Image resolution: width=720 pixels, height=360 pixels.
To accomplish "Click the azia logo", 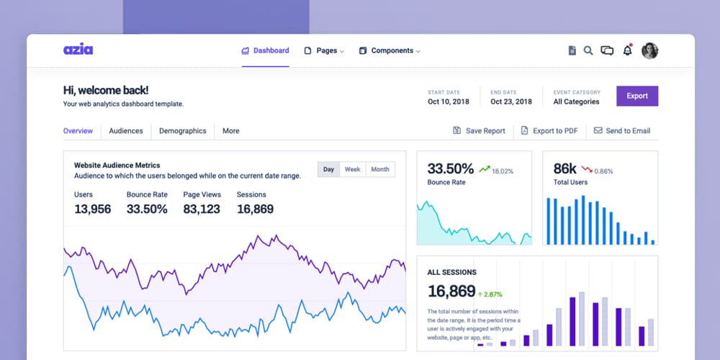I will pos(78,50).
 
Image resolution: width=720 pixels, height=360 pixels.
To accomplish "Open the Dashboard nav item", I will pos(265,51).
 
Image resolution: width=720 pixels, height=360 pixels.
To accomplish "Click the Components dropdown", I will pos(390,51).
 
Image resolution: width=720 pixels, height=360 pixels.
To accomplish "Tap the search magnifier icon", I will pos(588,50).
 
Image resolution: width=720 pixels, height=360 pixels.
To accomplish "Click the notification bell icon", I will pos(627,50).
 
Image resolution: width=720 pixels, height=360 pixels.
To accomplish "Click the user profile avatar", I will pos(649,50).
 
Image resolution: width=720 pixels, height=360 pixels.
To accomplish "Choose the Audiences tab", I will pos(126,131).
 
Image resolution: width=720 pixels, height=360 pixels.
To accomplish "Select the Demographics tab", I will pos(183,131).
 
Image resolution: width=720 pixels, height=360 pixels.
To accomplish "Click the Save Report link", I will pos(479,131).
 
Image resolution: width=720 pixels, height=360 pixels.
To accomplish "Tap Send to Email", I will pos(622,131).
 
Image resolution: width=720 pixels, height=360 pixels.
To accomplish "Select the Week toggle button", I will pos(352,170).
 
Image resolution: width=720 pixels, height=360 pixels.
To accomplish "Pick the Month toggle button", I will pos(380,170).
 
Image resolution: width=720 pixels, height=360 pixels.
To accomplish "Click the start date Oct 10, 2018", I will pos(449,102).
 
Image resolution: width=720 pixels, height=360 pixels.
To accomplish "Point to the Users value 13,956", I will pos(93,210).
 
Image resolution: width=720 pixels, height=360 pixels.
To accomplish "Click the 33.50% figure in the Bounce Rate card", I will pos(451,169).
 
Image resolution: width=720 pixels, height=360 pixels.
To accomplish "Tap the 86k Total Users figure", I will pos(565,169).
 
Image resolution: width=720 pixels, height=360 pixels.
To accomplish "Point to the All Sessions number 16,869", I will pos(451,292).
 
